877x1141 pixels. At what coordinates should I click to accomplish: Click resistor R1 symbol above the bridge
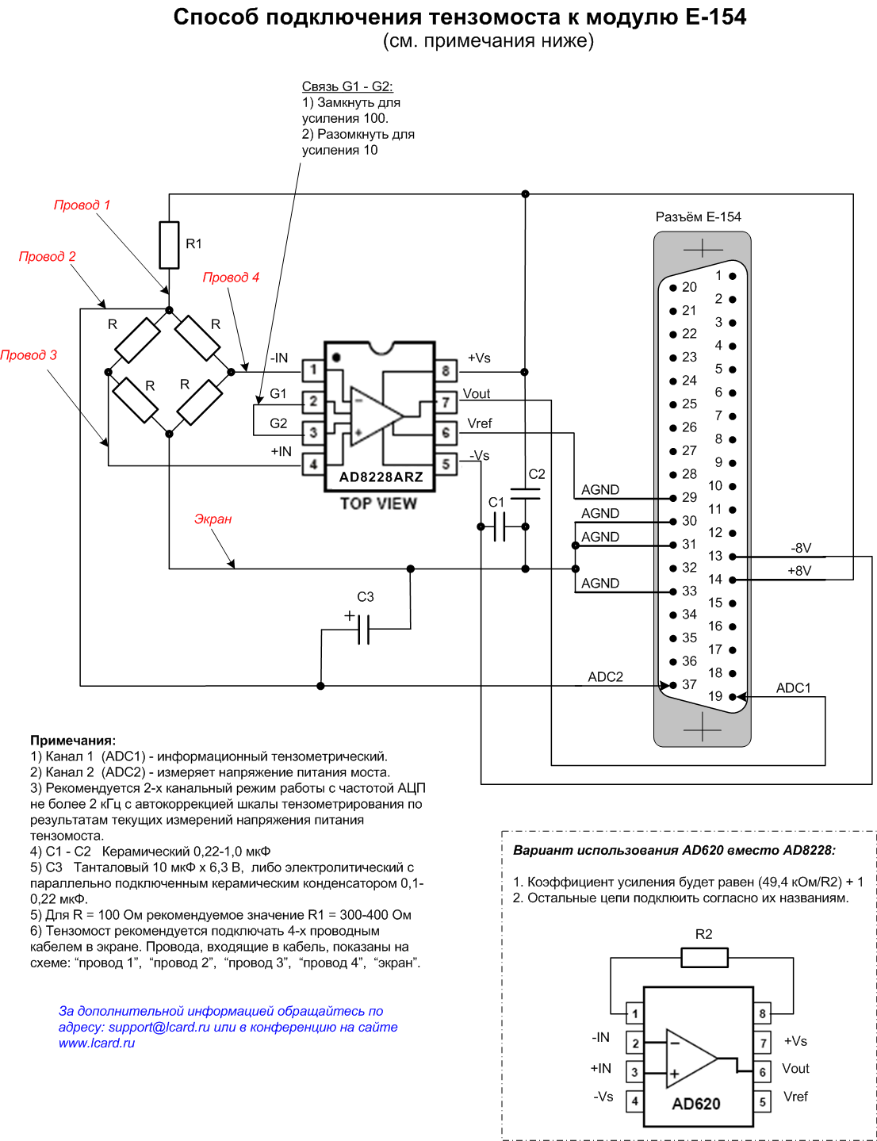coord(169,245)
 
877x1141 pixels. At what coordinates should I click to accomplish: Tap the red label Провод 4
coord(231,278)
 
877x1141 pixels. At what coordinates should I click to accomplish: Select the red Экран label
coord(213,519)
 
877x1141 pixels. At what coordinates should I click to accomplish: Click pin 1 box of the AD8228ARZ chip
coord(313,369)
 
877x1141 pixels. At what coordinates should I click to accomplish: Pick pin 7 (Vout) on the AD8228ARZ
coord(446,402)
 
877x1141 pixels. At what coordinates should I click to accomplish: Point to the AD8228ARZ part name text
coord(381,477)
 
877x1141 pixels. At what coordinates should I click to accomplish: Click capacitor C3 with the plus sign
coord(363,629)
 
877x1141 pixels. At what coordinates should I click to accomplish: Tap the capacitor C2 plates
coord(525,494)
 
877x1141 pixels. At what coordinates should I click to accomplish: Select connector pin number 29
coord(689,497)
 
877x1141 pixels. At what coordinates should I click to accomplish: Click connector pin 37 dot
coord(673,685)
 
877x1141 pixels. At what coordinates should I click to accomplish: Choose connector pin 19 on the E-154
coord(733,697)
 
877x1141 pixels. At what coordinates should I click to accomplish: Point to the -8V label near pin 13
coord(801,548)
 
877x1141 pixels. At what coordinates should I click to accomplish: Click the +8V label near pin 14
coord(799,571)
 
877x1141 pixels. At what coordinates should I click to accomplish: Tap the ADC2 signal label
coord(605,677)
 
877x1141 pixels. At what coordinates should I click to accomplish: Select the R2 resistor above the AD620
coord(704,958)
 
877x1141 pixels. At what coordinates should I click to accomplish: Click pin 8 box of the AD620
coord(763,1013)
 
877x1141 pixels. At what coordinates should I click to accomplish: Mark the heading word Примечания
coord(73,741)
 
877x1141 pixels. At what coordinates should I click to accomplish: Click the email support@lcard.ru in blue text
coord(159,1027)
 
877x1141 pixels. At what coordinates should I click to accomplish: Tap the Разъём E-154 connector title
coord(698,216)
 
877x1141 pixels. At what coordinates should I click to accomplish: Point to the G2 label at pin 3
coord(278,423)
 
